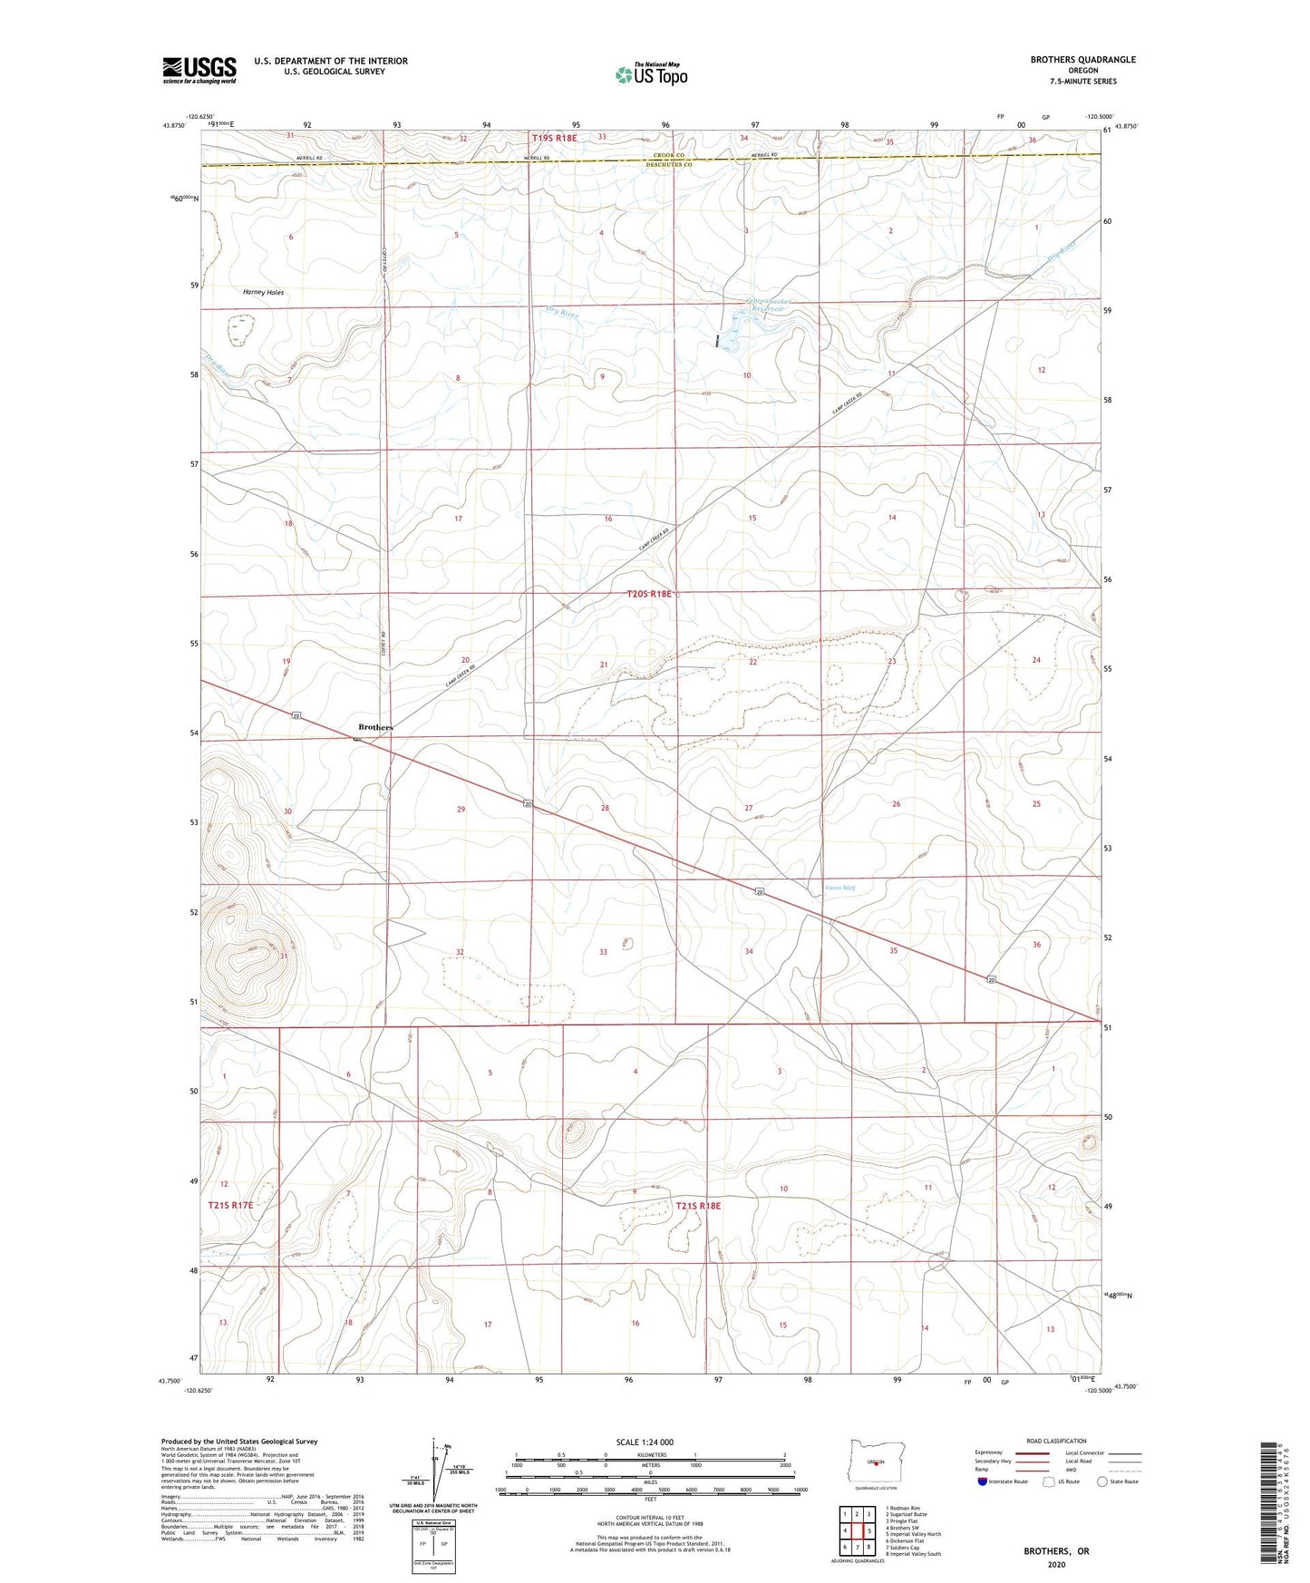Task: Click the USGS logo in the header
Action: click(199, 70)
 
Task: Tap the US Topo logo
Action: click(651, 74)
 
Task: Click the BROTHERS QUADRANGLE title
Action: click(1082, 60)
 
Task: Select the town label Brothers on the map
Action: click(375, 727)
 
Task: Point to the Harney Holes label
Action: click(263, 293)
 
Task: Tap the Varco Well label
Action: click(839, 888)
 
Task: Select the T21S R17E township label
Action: click(230, 1206)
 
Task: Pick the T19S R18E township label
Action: click(553, 138)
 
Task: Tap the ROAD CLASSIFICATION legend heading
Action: click(1056, 1441)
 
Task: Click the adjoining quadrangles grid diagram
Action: click(857, 1530)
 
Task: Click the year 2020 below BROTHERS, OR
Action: click(1056, 1564)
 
